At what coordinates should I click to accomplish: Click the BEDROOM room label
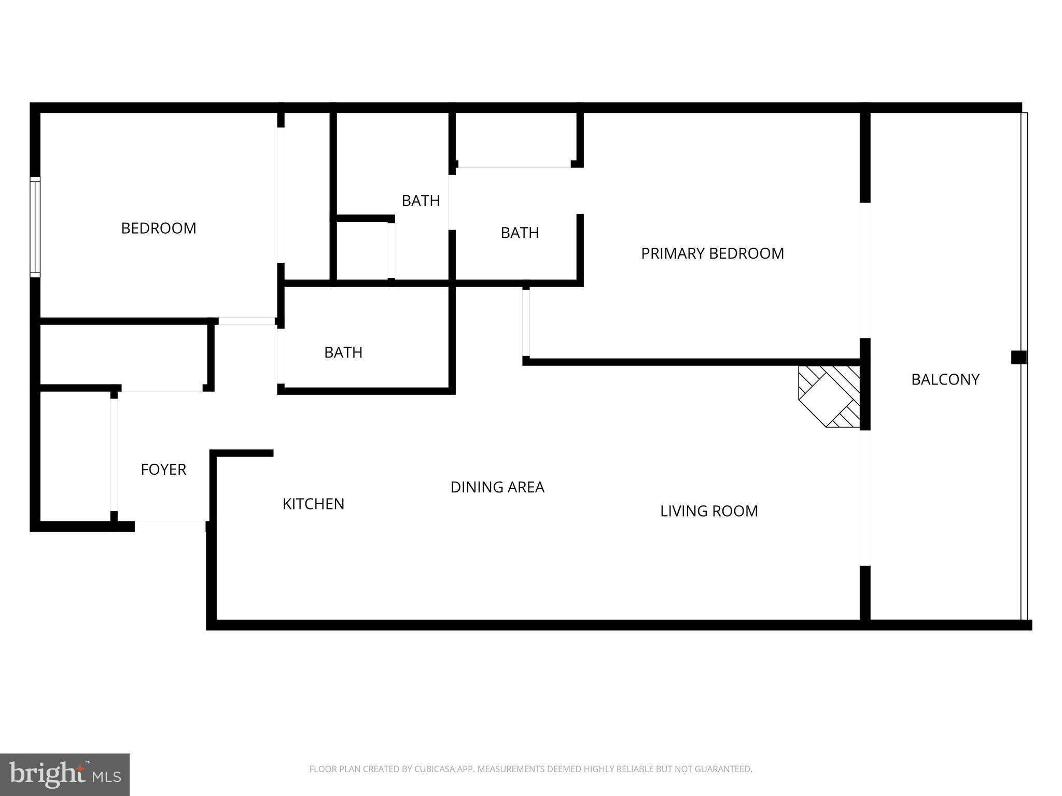159,229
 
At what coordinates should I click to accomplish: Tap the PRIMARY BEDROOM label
712,253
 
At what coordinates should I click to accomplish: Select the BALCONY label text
945,379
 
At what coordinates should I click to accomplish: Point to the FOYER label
163,470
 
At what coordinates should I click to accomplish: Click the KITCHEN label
313,504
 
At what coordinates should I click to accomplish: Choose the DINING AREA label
497,487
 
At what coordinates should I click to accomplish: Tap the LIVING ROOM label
709,511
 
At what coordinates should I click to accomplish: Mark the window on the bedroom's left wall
35,226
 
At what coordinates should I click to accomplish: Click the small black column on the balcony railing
1018,357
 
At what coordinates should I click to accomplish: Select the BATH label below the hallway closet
343,352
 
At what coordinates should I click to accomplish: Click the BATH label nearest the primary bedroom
520,233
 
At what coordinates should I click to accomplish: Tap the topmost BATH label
421,201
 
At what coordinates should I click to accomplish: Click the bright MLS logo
65,774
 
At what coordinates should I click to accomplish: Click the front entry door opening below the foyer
170,526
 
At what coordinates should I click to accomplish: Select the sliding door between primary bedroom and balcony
864,269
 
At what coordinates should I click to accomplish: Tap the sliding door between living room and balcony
864,497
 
